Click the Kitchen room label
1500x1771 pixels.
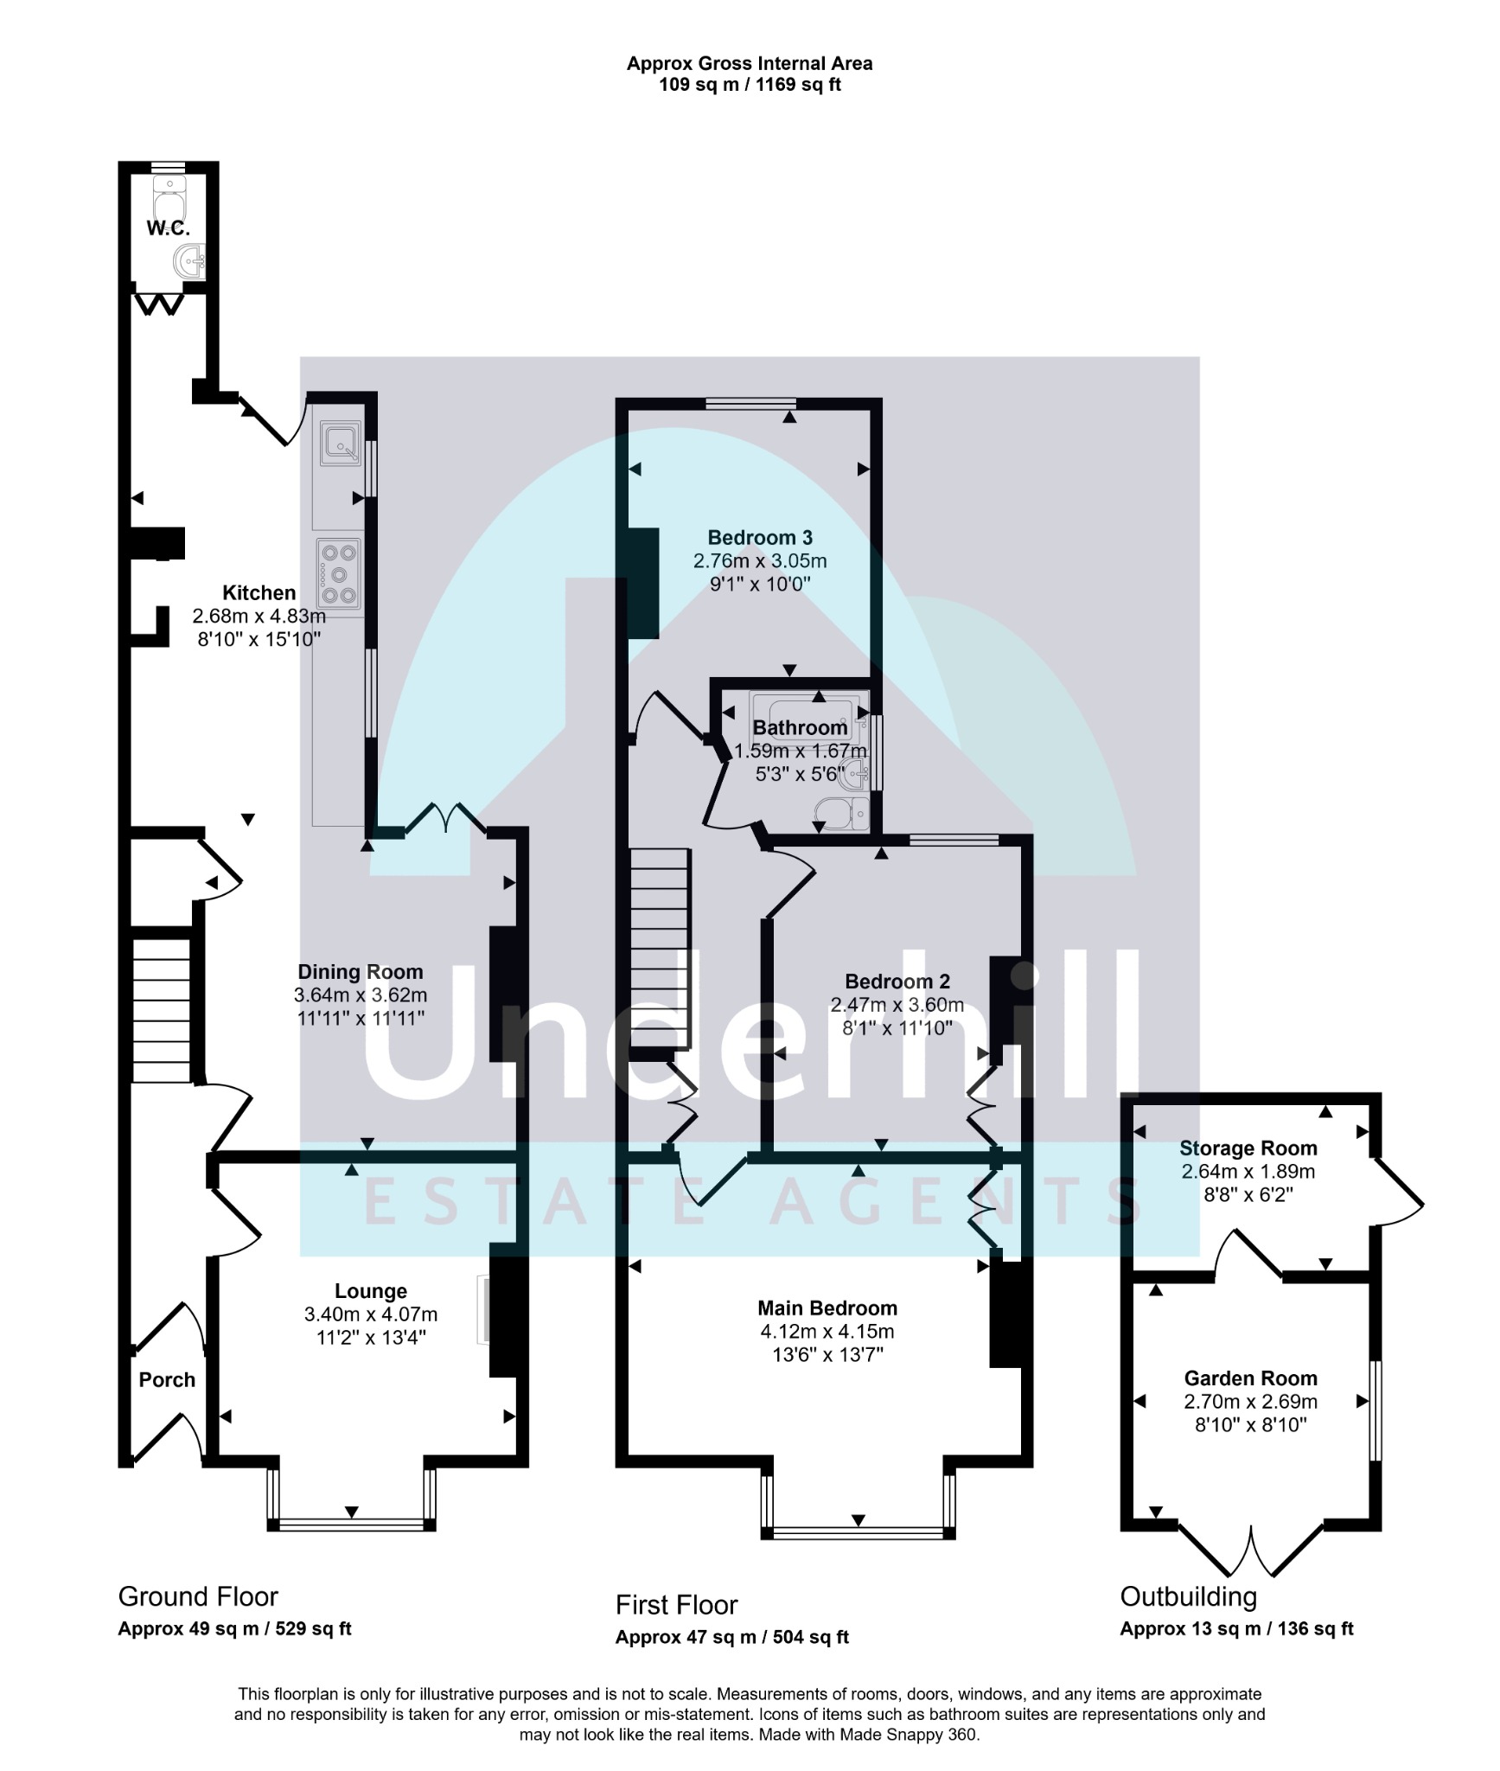(x=259, y=593)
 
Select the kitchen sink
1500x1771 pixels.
(x=341, y=443)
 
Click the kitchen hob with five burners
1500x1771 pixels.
(x=339, y=573)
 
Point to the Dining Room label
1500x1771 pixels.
(x=361, y=972)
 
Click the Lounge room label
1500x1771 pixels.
(x=371, y=1291)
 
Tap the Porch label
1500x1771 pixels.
(x=167, y=1379)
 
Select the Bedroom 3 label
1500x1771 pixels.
(x=760, y=538)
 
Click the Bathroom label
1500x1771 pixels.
(x=800, y=728)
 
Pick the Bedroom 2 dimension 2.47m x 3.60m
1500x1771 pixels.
(x=897, y=1005)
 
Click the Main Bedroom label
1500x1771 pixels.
(x=827, y=1308)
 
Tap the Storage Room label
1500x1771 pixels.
(x=1248, y=1148)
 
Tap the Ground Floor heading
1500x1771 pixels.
(x=198, y=1596)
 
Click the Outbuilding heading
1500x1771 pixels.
(x=1189, y=1596)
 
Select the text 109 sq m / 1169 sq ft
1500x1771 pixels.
(x=750, y=85)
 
